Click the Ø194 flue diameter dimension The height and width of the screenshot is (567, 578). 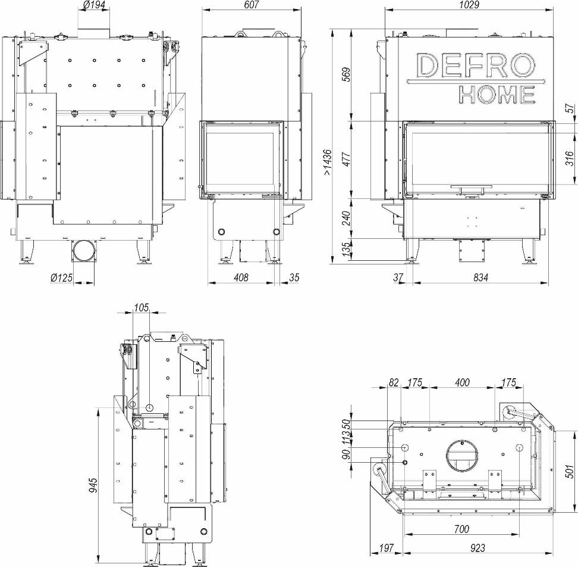click(94, 5)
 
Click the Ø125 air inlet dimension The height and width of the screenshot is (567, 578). click(62, 277)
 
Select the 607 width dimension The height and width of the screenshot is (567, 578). click(251, 5)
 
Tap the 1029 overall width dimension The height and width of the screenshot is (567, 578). click(469, 5)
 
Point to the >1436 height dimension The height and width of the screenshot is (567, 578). click(326, 162)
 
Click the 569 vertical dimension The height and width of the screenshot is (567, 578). click(346, 74)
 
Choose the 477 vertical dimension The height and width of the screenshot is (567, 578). click(346, 159)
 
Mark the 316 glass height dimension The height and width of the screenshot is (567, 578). click(570, 158)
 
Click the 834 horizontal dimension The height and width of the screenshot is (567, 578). click(480, 277)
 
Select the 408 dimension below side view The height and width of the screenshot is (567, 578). click(241, 277)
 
